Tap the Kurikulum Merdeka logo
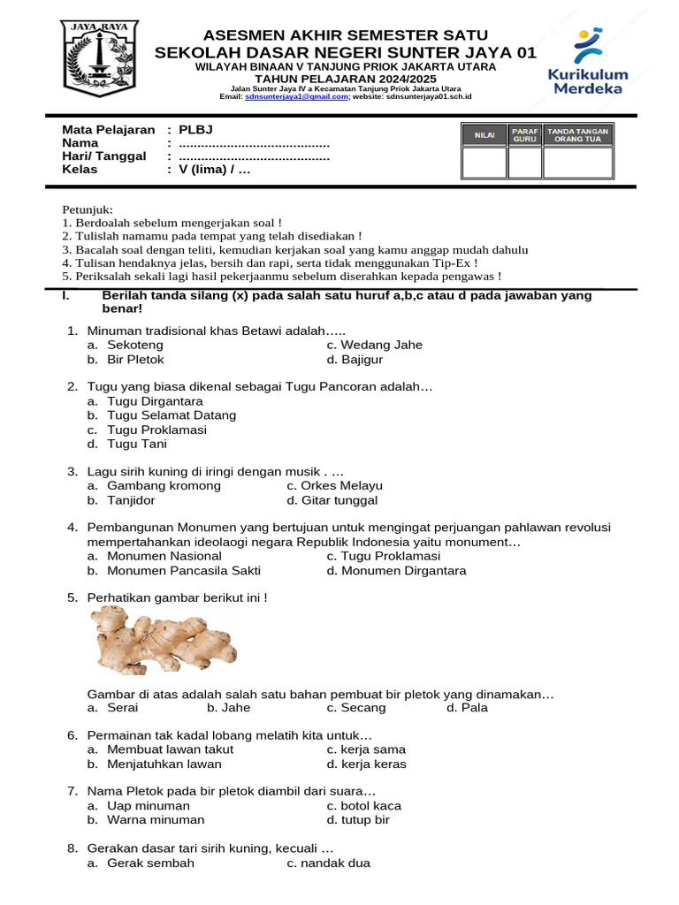click(588, 61)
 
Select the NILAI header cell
click(484, 134)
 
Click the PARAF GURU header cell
click(525, 134)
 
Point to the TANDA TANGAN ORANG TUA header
click(577, 134)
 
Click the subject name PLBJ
click(195, 130)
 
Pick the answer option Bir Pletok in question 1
click(135, 360)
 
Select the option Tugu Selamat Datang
click(172, 415)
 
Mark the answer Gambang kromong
click(164, 486)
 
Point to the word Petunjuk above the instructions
click(88, 209)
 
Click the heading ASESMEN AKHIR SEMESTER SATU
click(345, 35)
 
